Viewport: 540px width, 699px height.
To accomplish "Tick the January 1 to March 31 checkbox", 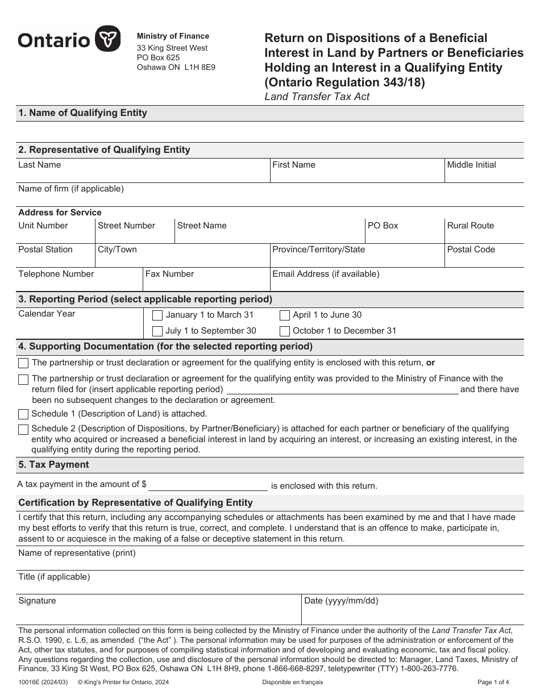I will coord(157,315).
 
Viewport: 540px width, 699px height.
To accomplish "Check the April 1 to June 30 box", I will coord(285,315).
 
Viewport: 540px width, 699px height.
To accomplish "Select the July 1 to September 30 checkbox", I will coord(157,331).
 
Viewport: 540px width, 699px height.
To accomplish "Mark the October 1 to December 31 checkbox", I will coord(285,331).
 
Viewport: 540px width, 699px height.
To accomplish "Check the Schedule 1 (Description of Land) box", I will coord(23,414).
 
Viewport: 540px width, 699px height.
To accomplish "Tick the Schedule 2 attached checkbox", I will coord(23,430).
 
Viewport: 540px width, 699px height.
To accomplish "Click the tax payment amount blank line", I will coord(207,485).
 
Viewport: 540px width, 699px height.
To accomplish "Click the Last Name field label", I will coord(39,165).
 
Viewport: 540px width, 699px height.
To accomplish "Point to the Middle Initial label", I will coord(471,165).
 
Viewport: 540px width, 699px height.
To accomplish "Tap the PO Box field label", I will coord(383,226).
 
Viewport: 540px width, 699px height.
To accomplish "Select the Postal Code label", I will coord(471,249).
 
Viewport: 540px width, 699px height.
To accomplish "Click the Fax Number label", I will coord(169,274).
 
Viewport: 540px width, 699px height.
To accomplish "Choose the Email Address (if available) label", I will coord(325,274).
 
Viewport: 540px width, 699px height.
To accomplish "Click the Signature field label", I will coord(37,601).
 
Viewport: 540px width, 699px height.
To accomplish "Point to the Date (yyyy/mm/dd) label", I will coord(341,601).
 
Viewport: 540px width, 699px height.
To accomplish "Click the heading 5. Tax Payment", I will coord(53,464).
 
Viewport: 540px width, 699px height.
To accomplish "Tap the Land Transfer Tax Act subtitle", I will coord(317,97).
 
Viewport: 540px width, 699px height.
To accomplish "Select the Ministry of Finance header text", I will coord(173,36).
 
